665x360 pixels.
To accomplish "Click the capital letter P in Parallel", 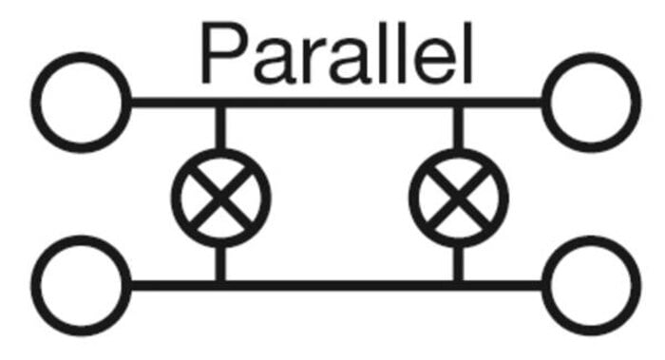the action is point(224,53).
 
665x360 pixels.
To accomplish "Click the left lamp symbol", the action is point(220,198).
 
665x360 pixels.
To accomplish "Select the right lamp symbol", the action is point(459,198).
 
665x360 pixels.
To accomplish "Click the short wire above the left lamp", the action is point(220,128).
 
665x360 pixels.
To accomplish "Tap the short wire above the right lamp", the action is point(459,128).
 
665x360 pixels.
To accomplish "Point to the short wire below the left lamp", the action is point(220,263).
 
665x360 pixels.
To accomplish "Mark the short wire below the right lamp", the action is point(459,263).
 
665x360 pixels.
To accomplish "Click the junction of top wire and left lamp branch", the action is point(220,103).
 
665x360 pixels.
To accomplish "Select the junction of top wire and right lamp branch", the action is point(459,103).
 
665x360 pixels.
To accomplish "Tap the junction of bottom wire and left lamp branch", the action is point(220,285).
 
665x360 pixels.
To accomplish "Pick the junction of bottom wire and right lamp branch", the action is point(459,285).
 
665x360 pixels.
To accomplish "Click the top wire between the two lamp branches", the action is point(339,103).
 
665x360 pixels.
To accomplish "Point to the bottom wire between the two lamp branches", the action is point(339,285).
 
